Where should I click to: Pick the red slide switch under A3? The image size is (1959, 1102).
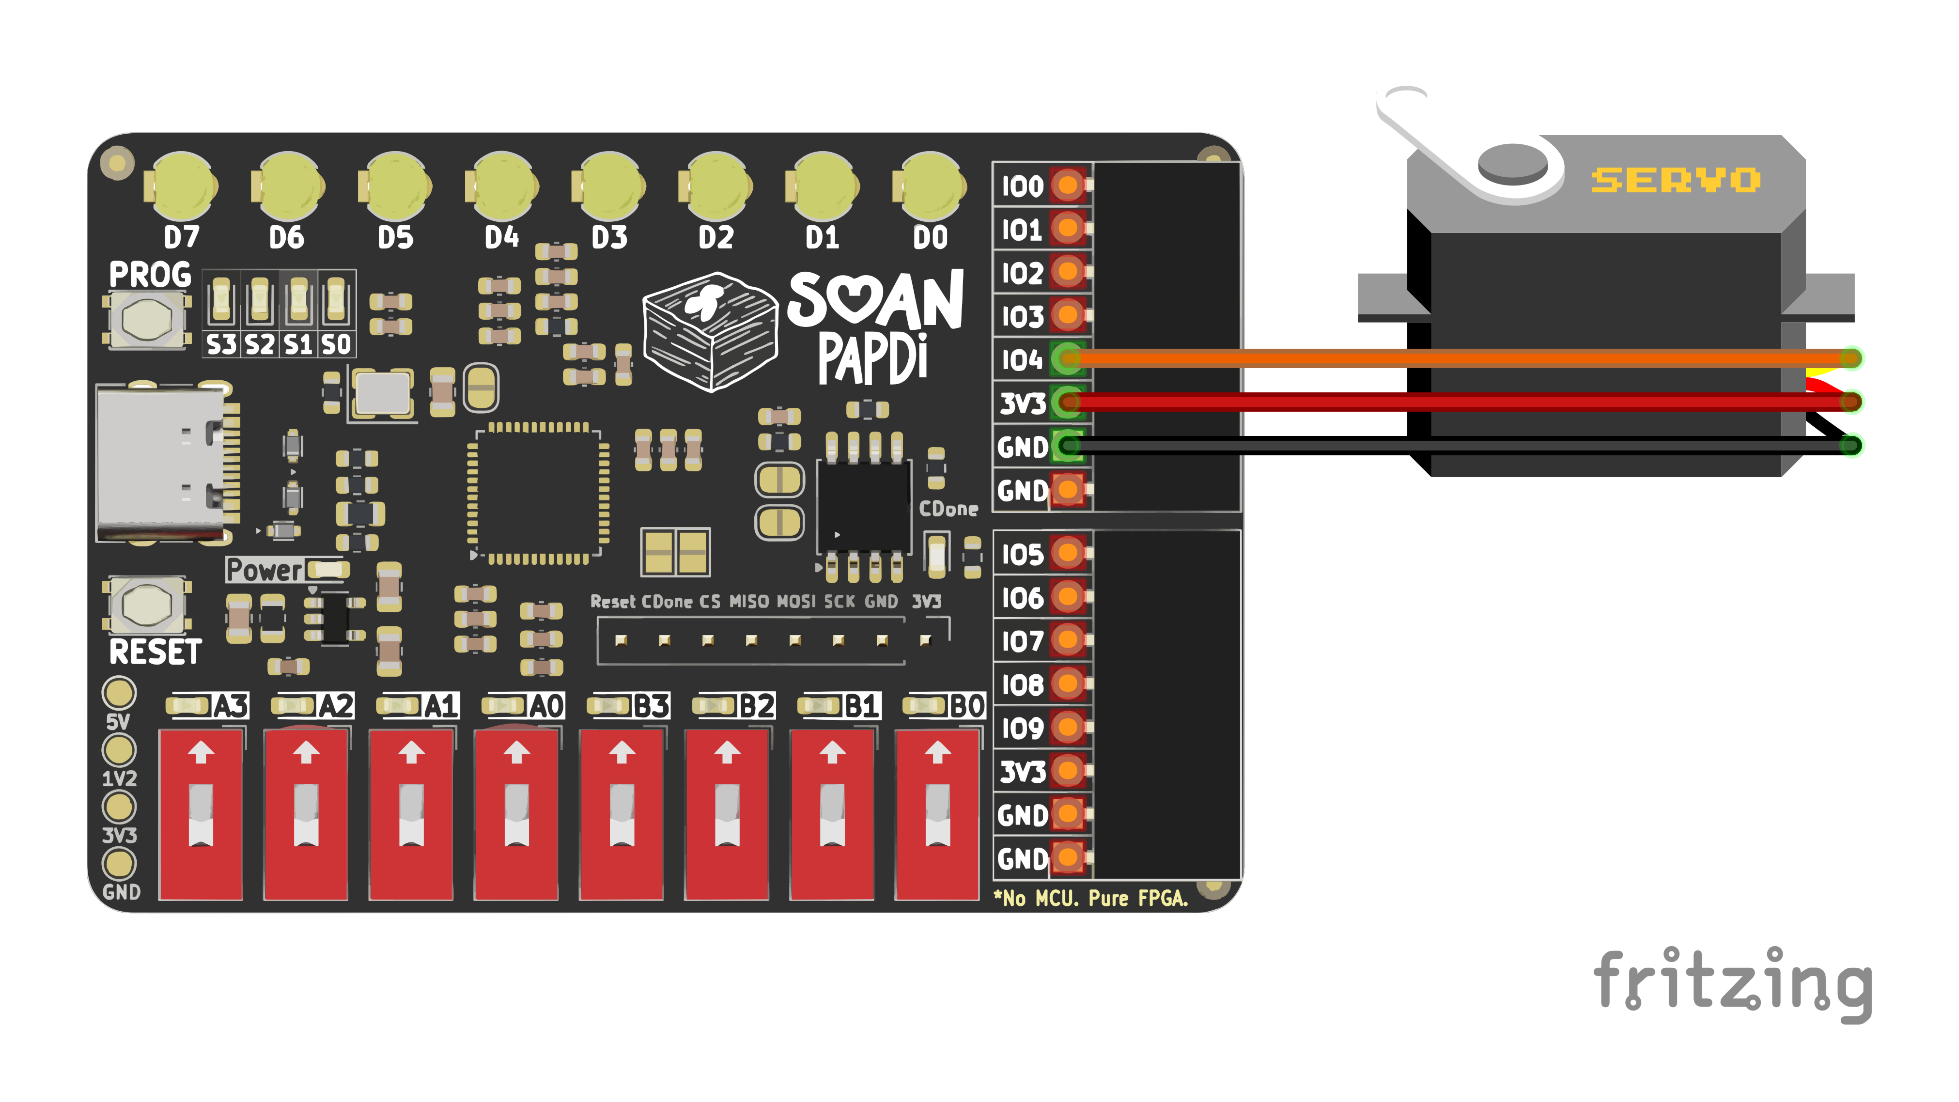pos(201,814)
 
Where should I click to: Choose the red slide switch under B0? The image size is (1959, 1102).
pos(937,814)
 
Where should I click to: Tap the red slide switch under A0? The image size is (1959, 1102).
pos(516,814)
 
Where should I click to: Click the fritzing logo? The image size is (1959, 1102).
pos(1733,983)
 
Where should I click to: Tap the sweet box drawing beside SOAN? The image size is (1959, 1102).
pos(710,332)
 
